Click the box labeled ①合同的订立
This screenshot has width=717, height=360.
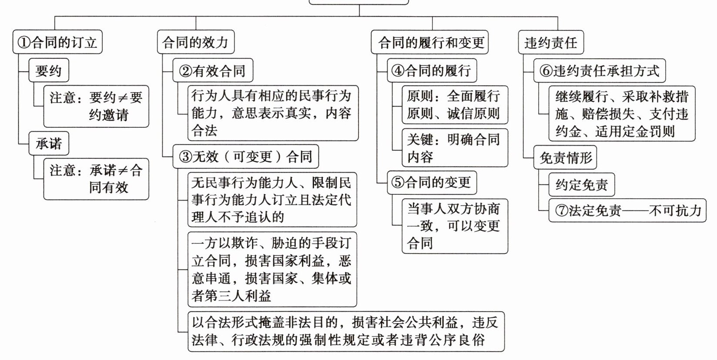(x=57, y=43)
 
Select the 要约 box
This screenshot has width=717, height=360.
(x=49, y=71)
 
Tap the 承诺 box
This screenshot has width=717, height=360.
(x=49, y=143)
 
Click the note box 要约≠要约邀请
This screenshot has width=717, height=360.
(x=96, y=106)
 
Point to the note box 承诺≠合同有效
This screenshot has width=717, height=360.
(x=96, y=179)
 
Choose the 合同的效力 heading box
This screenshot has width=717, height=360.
(x=195, y=43)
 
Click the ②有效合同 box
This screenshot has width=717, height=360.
(x=213, y=71)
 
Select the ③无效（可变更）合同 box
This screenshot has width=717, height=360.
(x=246, y=157)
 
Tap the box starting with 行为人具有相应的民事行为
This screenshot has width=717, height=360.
(x=273, y=113)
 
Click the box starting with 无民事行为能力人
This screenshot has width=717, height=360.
(x=272, y=200)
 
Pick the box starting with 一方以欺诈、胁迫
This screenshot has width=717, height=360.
(x=272, y=270)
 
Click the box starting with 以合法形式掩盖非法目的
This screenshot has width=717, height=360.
(x=346, y=331)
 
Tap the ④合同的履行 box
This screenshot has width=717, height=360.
(x=432, y=71)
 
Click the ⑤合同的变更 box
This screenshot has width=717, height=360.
(x=432, y=183)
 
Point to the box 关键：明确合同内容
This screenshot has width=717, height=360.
(x=455, y=148)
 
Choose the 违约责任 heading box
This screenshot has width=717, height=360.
(x=551, y=43)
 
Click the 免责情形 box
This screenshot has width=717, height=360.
(x=565, y=158)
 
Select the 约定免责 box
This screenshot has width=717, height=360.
(x=581, y=185)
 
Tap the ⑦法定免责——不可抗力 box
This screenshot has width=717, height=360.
(x=627, y=211)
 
